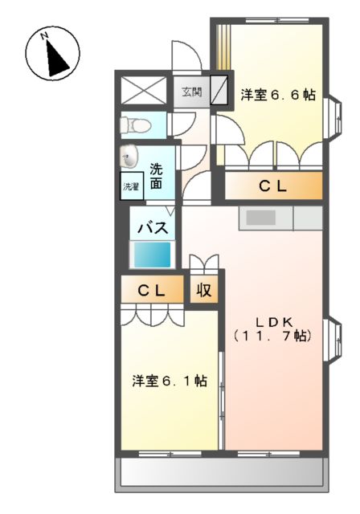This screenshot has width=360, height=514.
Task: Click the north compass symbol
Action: click(x=55, y=54)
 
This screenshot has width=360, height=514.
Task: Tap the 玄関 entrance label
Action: click(x=191, y=92)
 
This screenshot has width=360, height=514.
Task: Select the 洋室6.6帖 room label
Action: click(x=277, y=95)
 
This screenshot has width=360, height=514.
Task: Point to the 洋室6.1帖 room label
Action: click(x=170, y=381)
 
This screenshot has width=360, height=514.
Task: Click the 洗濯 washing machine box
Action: click(x=130, y=186)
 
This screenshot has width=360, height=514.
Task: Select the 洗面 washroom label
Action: click(x=157, y=176)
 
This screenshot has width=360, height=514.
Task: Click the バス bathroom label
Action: click(x=152, y=227)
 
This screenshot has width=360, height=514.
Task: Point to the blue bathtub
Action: click(x=152, y=255)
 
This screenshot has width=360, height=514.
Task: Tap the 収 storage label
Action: click(x=204, y=290)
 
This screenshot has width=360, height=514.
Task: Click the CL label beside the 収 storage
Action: click(x=150, y=291)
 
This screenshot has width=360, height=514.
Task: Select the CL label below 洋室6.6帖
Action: click(x=272, y=186)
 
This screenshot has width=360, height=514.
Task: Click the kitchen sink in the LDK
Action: click(x=260, y=217)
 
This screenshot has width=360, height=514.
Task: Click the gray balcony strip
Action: click(x=223, y=475)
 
